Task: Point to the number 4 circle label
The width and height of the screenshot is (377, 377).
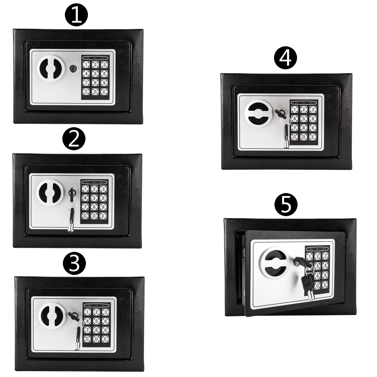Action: coord(285,58)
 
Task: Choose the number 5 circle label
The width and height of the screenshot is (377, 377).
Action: coord(286,205)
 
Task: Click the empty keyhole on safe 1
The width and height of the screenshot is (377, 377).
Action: coord(73,68)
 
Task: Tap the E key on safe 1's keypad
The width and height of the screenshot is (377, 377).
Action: coord(103,92)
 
